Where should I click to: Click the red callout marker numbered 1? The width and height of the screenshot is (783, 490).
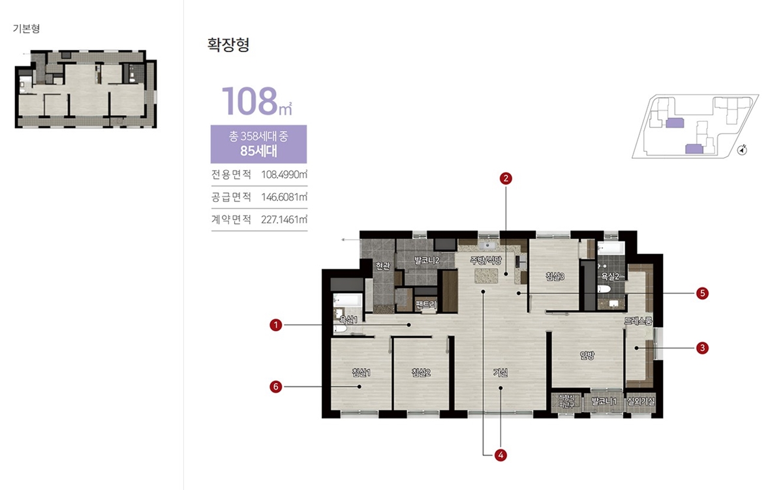276,324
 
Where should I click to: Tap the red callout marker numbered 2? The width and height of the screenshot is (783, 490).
504,177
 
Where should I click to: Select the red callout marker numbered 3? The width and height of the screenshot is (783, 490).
702,348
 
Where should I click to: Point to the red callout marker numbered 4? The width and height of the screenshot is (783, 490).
500,455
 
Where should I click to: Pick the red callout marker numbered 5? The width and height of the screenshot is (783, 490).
702,293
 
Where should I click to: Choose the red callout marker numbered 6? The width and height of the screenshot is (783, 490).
276,387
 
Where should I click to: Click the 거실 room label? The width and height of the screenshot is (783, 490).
500,373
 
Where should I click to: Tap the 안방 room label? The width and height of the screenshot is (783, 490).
587,356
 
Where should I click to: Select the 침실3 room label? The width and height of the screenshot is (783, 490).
555,277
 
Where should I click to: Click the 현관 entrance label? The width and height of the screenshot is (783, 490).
382,265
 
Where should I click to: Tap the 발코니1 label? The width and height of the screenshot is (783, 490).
604,401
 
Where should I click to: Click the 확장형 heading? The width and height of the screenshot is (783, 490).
228,45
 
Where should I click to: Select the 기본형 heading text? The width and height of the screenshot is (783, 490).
26,29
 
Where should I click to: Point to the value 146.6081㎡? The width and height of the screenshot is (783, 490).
284,197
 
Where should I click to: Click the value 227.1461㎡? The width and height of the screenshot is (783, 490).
284,220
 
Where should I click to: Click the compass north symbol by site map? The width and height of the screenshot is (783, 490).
742,151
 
